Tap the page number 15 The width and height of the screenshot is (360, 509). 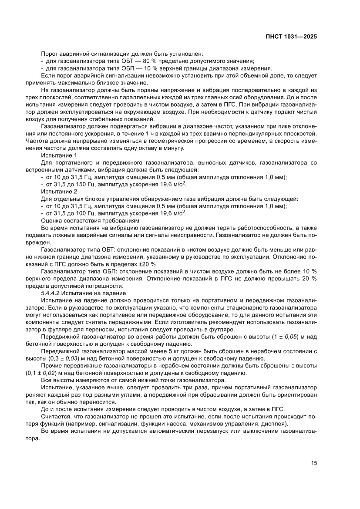314,463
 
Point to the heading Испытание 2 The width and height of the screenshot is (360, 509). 59,191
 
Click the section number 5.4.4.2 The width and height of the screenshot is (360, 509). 53,293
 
